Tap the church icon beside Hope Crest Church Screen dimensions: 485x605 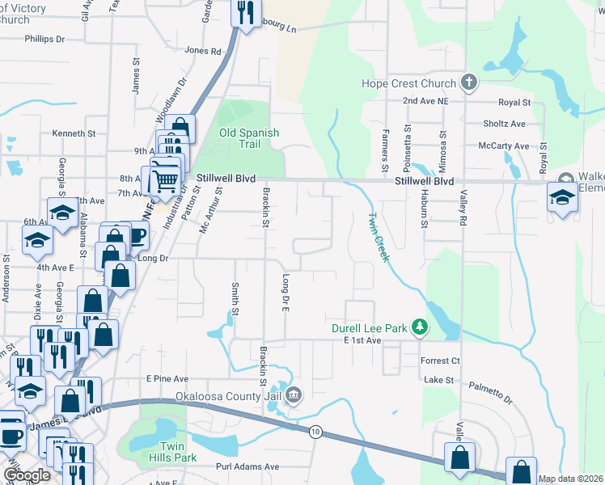468,82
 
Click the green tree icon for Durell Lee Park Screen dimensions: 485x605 419,327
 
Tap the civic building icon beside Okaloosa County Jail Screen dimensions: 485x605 294,395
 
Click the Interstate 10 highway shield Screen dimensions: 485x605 315,432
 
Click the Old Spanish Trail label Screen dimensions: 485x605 249,138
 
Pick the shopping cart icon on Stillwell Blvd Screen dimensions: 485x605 165,180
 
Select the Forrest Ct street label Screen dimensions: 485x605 440,361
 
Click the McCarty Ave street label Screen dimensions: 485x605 502,146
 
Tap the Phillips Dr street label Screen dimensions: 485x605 44,39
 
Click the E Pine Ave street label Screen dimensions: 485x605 167,378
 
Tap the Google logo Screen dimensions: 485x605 27,475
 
